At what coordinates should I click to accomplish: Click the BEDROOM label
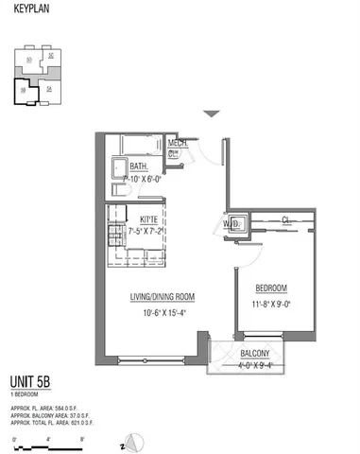pyautogui.click(x=271, y=288)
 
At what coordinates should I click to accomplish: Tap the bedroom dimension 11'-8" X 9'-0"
pyautogui.click(x=271, y=304)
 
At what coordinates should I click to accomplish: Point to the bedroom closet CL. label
pyautogui.click(x=284, y=220)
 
